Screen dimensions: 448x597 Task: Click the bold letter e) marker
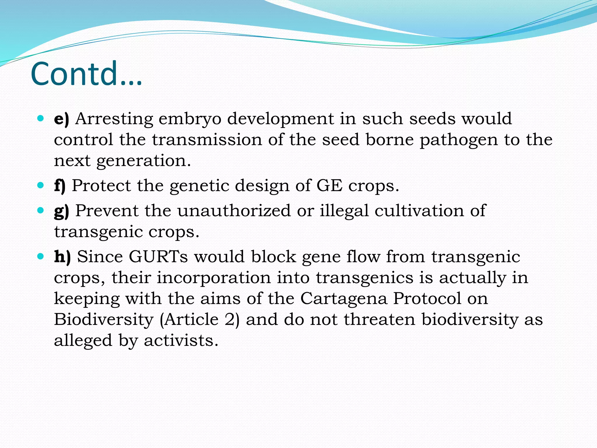click(62, 119)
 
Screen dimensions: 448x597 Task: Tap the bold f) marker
click(60, 186)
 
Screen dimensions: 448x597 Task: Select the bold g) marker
click(62, 211)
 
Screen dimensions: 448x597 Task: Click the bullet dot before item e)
click(41, 119)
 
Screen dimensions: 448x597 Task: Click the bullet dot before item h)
click(41, 257)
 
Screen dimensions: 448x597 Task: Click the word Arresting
click(114, 119)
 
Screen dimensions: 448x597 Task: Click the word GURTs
click(158, 257)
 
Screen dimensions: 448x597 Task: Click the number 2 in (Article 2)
click(229, 319)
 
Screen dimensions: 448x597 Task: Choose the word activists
click(181, 340)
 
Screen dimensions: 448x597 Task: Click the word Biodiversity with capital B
click(103, 320)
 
